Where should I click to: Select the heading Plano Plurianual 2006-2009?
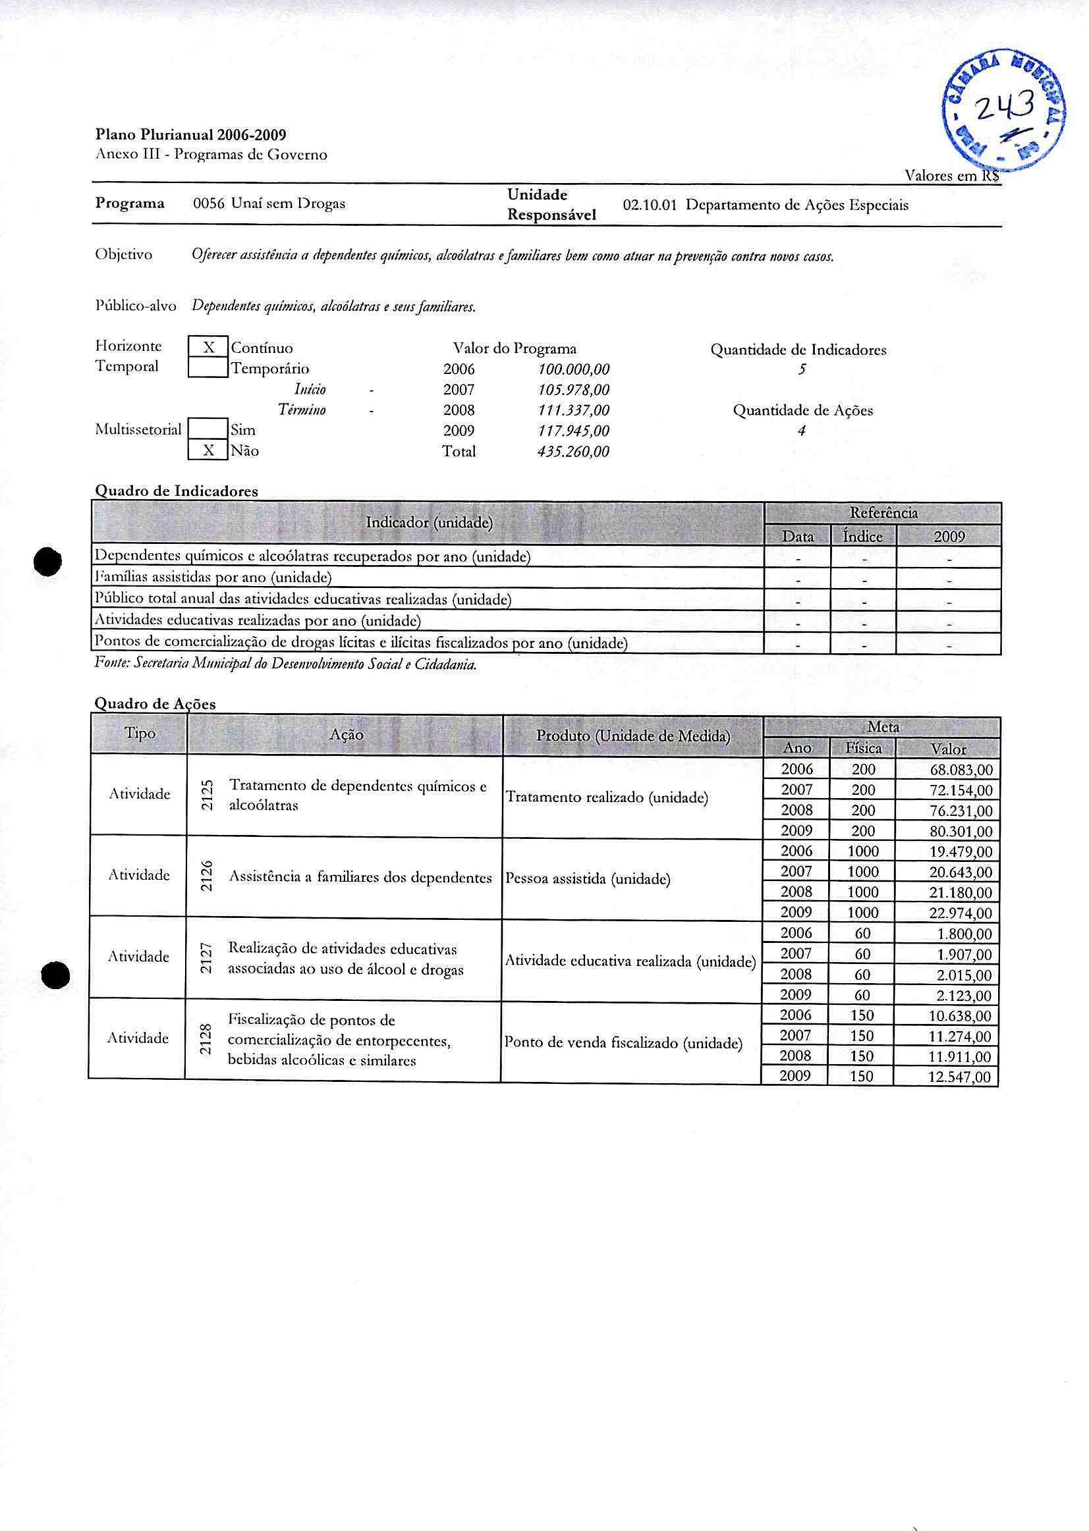click(x=191, y=135)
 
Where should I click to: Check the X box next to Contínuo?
click(x=209, y=347)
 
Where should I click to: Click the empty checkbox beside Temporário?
click(x=209, y=368)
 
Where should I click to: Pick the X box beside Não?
click(x=209, y=450)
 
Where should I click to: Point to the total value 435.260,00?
click(x=573, y=452)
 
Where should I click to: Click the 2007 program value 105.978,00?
click(x=573, y=389)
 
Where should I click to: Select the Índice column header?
click(x=863, y=536)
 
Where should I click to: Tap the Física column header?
click(x=863, y=748)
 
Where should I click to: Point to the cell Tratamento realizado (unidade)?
click(x=607, y=797)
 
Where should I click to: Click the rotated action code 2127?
click(x=208, y=959)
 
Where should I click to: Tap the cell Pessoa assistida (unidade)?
click(x=588, y=879)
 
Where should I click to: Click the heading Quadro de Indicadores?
click(x=177, y=491)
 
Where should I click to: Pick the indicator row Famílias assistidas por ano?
click(x=213, y=577)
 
